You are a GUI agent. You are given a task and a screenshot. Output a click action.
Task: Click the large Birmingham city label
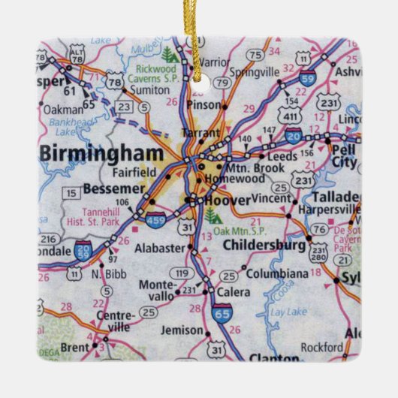(x=101, y=153)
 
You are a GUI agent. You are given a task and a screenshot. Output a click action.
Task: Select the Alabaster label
(x=161, y=248)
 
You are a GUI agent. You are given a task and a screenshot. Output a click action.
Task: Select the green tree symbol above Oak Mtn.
(x=215, y=217)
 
